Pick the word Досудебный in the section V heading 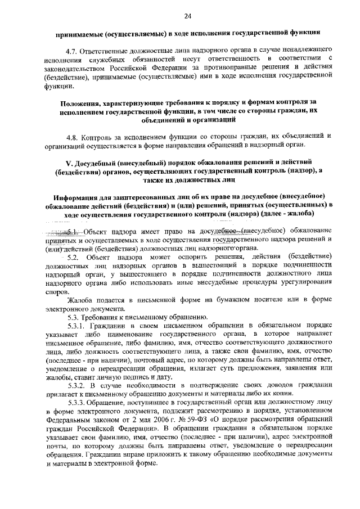pos(97,163)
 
